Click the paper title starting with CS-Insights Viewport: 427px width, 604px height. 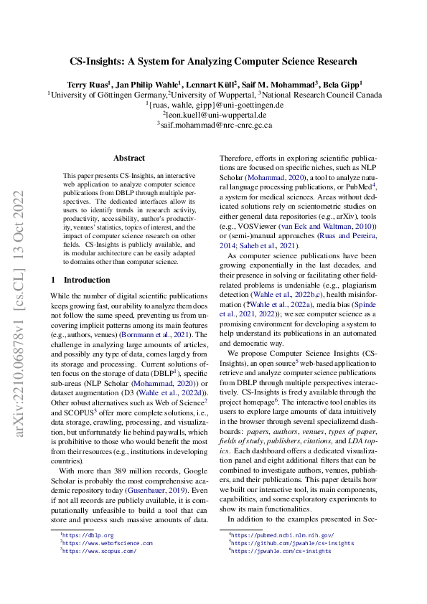click(213, 62)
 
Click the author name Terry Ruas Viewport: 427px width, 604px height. click(88, 83)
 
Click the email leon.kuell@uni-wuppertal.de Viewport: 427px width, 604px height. click(215, 114)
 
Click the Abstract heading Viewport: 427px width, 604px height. click(129, 158)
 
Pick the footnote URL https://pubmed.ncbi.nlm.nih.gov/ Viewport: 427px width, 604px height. click(281, 535)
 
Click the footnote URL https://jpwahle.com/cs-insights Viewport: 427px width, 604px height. click(276, 551)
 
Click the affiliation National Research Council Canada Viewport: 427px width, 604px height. click(324, 94)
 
